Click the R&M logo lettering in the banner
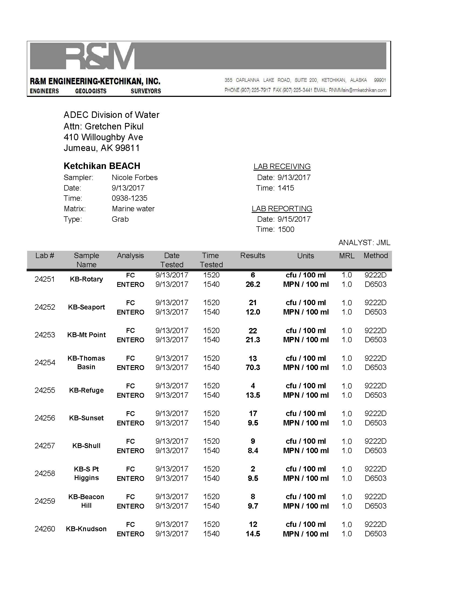pyautogui.click(x=100, y=56)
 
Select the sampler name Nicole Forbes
pyautogui.click(x=135, y=178)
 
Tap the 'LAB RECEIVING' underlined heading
pyautogui.click(x=282, y=166)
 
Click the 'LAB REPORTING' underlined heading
pyautogui.click(x=282, y=209)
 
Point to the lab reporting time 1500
pyautogui.click(x=286, y=229)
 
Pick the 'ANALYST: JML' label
pyautogui.click(x=364, y=243)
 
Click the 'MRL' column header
pyautogui.click(x=347, y=256)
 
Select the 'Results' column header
pyautogui.click(x=253, y=256)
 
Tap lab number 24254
pyautogui.click(x=45, y=363)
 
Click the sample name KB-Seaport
pyautogui.click(x=86, y=307)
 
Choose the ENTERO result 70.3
pyautogui.click(x=253, y=368)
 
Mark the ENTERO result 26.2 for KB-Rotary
pyautogui.click(x=253, y=284)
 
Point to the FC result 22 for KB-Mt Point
pyautogui.click(x=253, y=331)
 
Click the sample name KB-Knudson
pyautogui.click(x=86, y=529)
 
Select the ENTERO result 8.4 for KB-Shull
pyautogui.click(x=253, y=451)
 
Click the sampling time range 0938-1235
pyautogui.click(x=129, y=198)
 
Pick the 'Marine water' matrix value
pyautogui.click(x=133, y=209)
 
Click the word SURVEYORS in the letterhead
pyautogui.click(x=146, y=91)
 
